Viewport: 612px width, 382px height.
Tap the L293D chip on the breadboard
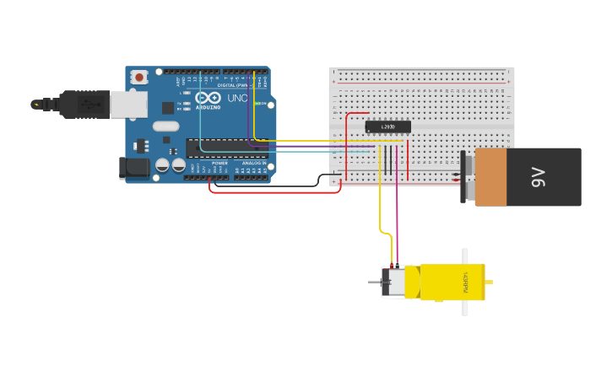point(387,126)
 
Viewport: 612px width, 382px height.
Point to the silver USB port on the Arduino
point(129,105)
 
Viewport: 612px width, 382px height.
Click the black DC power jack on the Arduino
point(134,168)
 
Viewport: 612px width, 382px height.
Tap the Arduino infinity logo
point(208,98)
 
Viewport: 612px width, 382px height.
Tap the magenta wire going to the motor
point(396,211)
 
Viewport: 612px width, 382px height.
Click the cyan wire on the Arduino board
point(200,126)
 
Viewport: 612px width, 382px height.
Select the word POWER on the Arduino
point(219,163)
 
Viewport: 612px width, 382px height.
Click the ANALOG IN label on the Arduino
point(252,163)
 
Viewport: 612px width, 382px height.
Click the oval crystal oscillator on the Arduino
point(165,126)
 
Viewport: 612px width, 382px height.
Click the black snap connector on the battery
point(463,177)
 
